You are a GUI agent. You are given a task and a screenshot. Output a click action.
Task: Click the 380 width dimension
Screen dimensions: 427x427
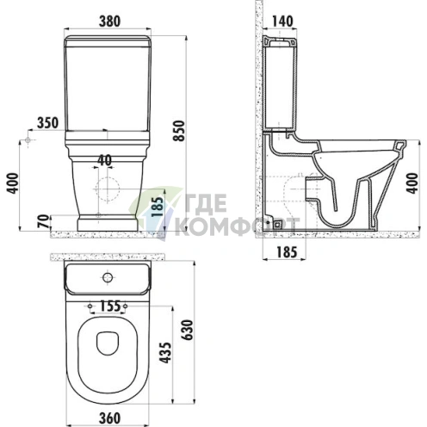[x=109, y=22]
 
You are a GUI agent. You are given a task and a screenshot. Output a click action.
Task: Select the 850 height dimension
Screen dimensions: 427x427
[x=179, y=131]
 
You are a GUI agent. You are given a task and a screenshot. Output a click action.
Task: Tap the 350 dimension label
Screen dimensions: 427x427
[x=47, y=123]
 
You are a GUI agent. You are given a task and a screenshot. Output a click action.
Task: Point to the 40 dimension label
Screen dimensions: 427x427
[x=104, y=160]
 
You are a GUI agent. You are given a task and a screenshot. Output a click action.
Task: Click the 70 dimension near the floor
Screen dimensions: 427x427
[x=44, y=221]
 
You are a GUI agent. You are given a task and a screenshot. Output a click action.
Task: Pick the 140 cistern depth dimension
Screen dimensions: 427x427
[x=282, y=22]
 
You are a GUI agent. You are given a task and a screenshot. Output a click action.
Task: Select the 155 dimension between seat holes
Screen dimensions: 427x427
[x=110, y=306]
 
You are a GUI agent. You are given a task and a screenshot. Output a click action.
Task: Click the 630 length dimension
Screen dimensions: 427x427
[x=188, y=330]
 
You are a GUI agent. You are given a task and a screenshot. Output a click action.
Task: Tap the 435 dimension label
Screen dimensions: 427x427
[x=165, y=353]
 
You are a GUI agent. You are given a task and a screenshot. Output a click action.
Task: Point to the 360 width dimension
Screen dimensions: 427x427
[x=109, y=418]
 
